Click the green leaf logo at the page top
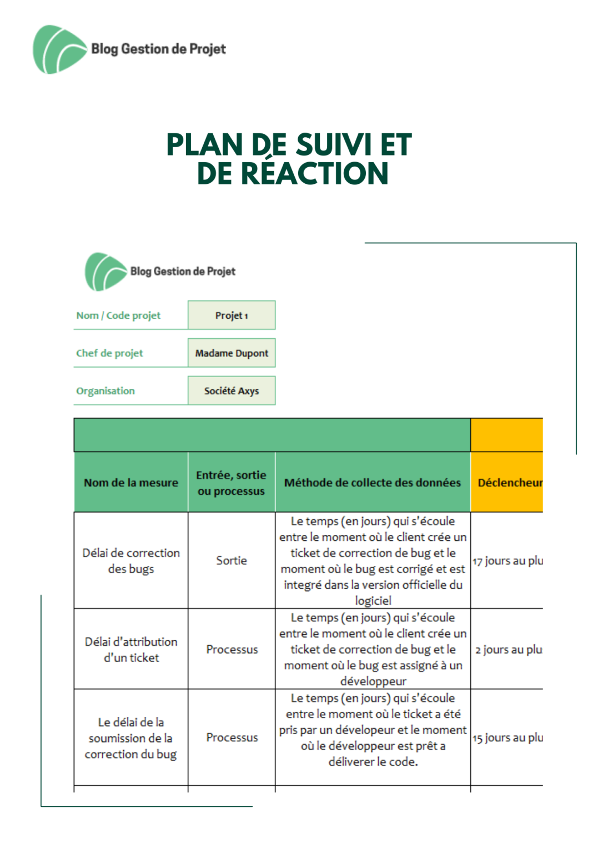(x=59, y=49)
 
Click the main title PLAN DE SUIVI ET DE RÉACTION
(x=289, y=159)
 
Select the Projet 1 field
(x=232, y=315)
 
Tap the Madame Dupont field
(x=232, y=353)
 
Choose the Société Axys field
(x=232, y=391)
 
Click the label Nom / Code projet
(x=118, y=315)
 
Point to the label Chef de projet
(x=109, y=353)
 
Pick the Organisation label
(x=105, y=391)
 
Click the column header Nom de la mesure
(x=131, y=483)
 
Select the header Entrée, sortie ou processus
(x=232, y=483)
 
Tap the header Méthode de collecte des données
(x=373, y=483)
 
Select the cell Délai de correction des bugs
(x=131, y=560)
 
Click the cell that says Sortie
(x=232, y=560)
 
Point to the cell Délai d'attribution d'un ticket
(x=131, y=649)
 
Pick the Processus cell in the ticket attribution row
(x=232, y=649)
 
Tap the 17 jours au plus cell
(x=507, y=561)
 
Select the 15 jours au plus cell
(x=507, y=737)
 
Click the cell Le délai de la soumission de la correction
(x=131, y=738)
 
